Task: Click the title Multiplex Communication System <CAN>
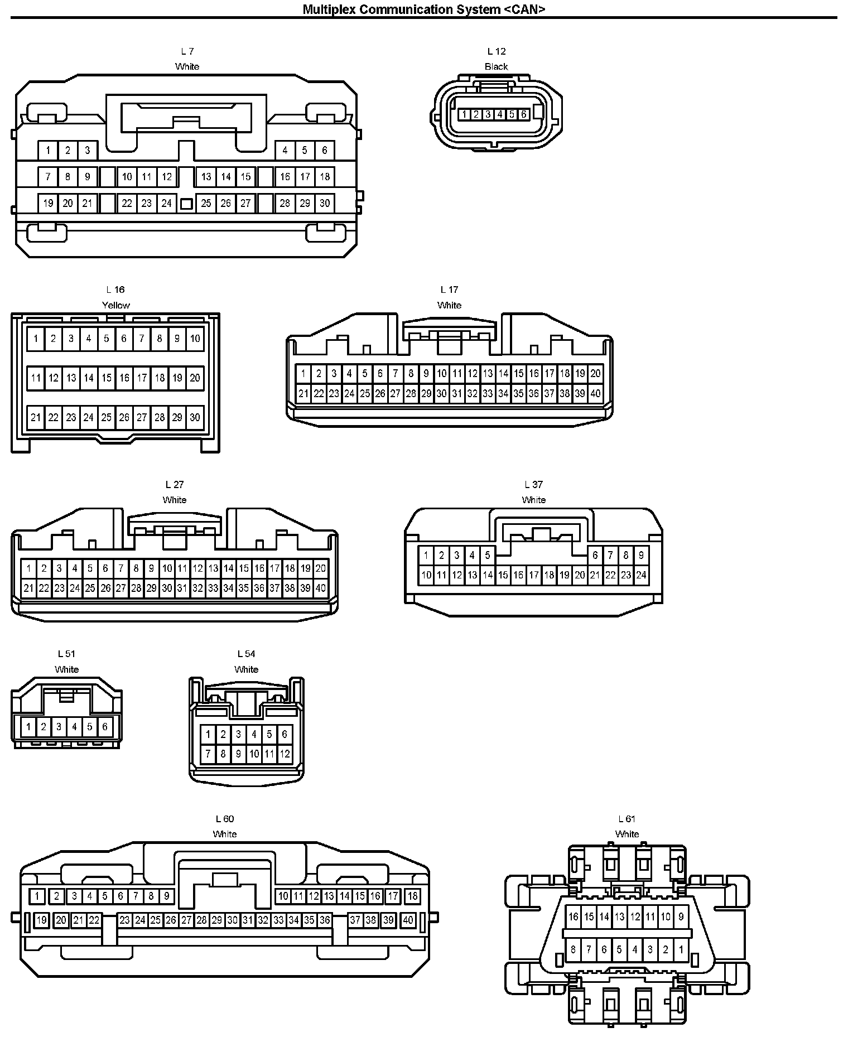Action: [423, 9]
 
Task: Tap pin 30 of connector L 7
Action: [325, 204]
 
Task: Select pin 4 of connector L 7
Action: [285, 150]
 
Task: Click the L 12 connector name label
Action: [496, 51]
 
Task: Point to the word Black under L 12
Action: [496, 66]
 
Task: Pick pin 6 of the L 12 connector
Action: [523, 114]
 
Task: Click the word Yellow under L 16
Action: [115, 305]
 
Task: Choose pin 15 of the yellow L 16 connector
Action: [107, 378]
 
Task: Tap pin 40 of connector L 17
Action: [595, 393]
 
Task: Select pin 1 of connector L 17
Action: [303, 374]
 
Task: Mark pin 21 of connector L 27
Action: [28, 588]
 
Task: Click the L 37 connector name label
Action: [533, 484]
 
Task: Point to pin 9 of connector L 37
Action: [641, 555]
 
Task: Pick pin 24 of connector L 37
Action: [641, 575]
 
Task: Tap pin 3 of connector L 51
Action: [59, 727]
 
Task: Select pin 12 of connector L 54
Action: [285, 754]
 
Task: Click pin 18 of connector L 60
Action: [412, 896]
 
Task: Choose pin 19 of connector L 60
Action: [41, 920]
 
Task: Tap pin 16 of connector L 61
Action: [574, 916]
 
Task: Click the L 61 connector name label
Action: [627, 819]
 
